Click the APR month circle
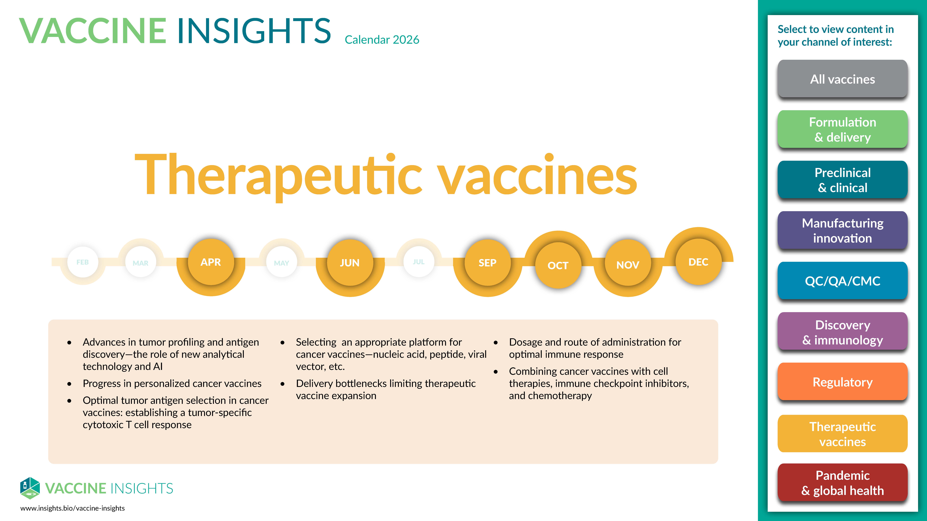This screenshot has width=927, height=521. click(211, 262)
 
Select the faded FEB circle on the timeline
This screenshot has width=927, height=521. click(83, 262)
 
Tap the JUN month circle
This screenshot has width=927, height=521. click(350, 263)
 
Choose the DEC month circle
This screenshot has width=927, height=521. click(698, 262)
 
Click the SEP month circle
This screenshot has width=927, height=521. click(488, 263)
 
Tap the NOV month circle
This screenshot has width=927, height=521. click(628, 265)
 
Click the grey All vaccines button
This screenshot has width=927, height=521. click(842, 79)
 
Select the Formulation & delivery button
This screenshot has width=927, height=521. click(842, 129)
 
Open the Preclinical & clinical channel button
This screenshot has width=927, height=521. click(842, 180)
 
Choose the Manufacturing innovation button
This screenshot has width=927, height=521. click(842, 231)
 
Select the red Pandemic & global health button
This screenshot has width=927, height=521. click(842, 483)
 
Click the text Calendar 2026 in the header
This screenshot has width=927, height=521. click(382, 40)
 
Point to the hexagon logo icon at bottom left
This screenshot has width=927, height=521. click(30, 488)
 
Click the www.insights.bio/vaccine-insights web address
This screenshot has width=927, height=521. click(72, 508)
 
